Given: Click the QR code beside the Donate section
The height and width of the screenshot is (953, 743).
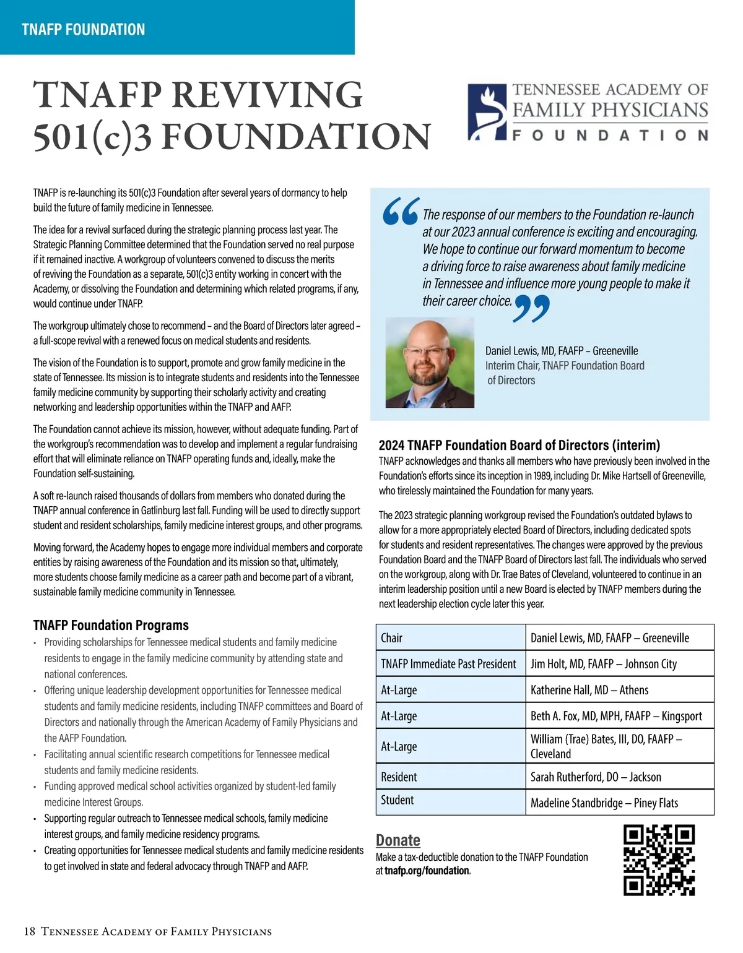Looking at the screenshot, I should tap(659, 860).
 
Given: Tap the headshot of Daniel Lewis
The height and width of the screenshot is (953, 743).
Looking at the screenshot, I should tap(430, 363).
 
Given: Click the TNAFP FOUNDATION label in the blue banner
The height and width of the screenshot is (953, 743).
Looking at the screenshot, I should tap(84, 30).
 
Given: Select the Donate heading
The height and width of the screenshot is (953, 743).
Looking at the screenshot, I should tap(398, 840).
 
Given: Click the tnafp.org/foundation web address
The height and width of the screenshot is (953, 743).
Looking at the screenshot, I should tap(427, 871).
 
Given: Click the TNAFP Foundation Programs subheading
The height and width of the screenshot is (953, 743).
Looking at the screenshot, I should tap(111, 625).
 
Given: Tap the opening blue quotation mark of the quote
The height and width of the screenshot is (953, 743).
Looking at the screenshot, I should tap(401, 212).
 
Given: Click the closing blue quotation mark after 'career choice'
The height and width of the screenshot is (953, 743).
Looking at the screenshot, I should tap(531, 308).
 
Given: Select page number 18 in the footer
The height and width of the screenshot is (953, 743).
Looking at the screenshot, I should tap(30, 931).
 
